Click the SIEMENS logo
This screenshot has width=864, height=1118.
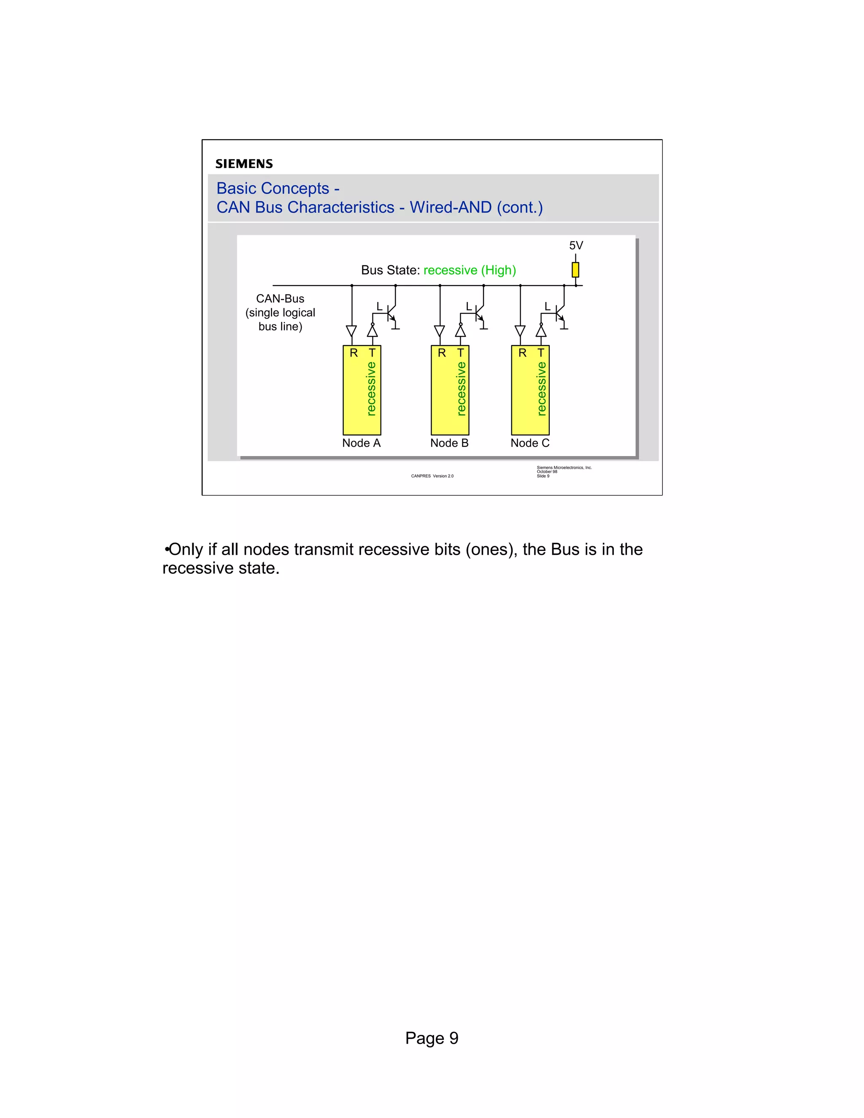(x=244, y=164)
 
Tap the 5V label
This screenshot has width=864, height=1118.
(x=576, y=246)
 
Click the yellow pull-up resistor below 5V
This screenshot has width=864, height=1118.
(x=575, y=270)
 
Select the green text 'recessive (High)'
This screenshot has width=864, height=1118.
(x=470, y=270)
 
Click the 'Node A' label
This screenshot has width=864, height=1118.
(x=362, y=443)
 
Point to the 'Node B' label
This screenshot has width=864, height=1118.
(x=449, y=443)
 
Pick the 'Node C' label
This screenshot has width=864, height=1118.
(x=530, y=443)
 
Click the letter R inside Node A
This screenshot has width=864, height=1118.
(x=354, y=353)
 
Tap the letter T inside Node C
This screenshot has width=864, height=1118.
(x=541, y=353)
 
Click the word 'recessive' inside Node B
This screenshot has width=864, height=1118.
(x=461, y=389)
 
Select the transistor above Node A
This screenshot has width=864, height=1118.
(x=391, y=312)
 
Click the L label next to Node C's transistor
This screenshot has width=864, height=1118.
(x=547, y=307)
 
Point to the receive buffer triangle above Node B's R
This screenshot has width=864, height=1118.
(x=440, y=331)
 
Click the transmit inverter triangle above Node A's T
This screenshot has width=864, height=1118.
(x=373, y=331)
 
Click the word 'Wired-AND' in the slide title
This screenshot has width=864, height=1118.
(x=451, y=207)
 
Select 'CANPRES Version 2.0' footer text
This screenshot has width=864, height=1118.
(x=432, y=476)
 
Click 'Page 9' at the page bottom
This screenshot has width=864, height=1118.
(x=432, y=1038)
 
